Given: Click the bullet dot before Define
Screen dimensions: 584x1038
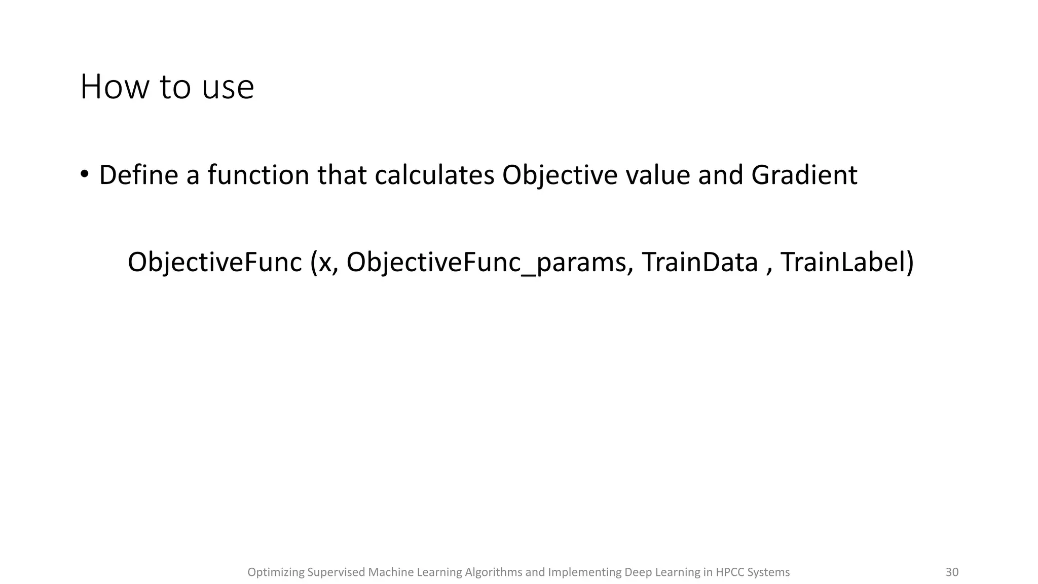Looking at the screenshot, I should pyautogui.click(x=84, y=174).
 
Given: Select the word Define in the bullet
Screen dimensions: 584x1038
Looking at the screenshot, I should pyautogui.click(x=138, y=175).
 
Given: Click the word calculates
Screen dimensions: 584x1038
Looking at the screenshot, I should pyautogui.click(x=434, y=175).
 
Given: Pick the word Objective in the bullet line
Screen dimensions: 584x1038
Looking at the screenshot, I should pyautogui.click(x=560, y=175).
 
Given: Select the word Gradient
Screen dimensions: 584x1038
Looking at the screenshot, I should pyautogui.click(x=804, y=175).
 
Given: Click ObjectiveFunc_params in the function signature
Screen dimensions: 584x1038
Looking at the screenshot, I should pyautogui.click(x=486, y=263).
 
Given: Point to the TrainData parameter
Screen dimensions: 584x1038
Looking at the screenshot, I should pyautogui.click(x=699, y=263).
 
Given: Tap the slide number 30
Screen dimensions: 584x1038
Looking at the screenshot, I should pyautogui.click(x=952, y=572).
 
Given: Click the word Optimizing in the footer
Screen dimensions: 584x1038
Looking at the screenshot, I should pyautogui.click(x=276, y=572).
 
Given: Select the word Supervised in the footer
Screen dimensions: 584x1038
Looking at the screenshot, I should pyautogui.click(x=336, y=572).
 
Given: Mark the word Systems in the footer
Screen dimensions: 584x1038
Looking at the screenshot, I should pyautogui.click(x=768, y=572).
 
